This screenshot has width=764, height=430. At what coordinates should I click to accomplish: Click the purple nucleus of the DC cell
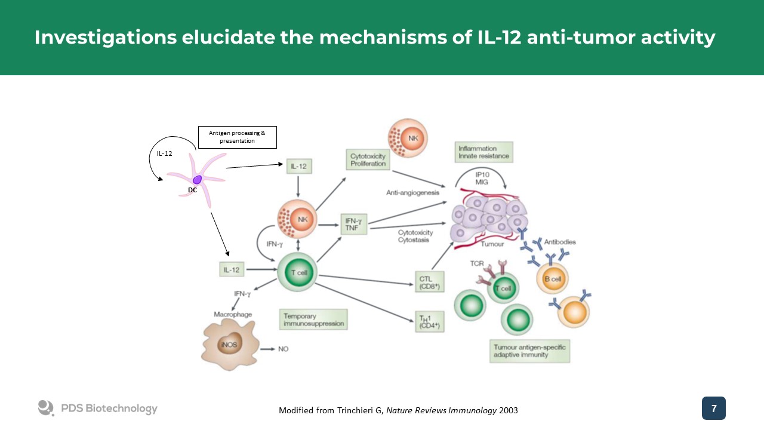point(197,179)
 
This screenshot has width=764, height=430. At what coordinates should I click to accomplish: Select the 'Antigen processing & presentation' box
point(237,137)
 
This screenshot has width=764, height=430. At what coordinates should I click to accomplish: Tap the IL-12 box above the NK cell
point(299,166)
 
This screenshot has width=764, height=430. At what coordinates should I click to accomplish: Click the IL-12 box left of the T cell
point(232,270)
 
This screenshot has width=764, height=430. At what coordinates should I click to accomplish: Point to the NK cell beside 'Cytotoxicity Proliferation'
point(408,138)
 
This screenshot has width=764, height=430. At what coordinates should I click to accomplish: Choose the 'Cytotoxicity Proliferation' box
point(368,159)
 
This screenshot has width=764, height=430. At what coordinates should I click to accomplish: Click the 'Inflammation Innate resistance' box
point(483,152)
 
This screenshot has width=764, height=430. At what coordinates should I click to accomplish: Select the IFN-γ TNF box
point(355,225)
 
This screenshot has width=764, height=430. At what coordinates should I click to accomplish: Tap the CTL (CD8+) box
point(430,282)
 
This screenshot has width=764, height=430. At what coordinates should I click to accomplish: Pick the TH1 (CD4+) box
point(430,321)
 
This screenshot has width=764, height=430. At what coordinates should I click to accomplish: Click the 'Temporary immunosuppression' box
point(313,320)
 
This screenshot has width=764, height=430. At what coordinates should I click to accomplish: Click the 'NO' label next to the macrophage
point(284,349)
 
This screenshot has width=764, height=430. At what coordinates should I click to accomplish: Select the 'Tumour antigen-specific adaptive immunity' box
point(529,351)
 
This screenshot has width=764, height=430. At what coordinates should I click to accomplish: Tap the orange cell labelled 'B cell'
point(552,278)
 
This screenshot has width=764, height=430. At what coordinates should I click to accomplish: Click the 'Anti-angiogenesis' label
point(412,192)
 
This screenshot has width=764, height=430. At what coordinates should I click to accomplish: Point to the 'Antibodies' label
point(560,242)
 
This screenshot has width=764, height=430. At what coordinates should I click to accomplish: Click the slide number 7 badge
point(714,408)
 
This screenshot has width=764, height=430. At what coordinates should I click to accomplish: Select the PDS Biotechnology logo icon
point(46,408)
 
